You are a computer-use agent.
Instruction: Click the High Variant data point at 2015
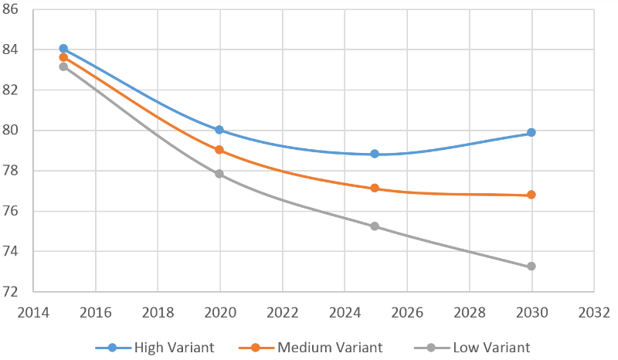click(63, 49)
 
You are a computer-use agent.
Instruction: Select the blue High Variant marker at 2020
click(219, 130)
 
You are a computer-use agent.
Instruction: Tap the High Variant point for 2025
click(375, 154)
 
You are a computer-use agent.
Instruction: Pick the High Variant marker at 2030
click(531, 132)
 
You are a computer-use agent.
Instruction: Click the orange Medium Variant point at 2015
click(63, 58)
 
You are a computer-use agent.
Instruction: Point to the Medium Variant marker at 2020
click(219, 150)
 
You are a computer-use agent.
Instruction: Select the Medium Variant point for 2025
click(375, 188)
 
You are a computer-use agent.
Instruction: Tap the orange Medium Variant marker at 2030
click(531, 195)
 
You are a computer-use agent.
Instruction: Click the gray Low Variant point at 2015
click(63, 66)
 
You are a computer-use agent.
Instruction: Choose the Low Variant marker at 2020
click(219, 174)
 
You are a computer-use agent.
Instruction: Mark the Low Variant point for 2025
click(375, 226)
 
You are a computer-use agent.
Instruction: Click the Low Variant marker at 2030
click(531, 267)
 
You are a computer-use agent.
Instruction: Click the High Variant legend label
click(174, 348)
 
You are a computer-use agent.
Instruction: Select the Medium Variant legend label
click(330, 348)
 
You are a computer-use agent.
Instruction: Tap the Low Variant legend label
click(491, 348)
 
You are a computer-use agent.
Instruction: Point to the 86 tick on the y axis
click(10, 9)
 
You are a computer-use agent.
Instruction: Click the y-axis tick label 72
click(10, 292)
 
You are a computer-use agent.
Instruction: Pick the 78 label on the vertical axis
click(10, 171)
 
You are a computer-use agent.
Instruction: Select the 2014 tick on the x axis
click(33, 313)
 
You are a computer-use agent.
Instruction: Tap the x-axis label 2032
click(594, 313)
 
